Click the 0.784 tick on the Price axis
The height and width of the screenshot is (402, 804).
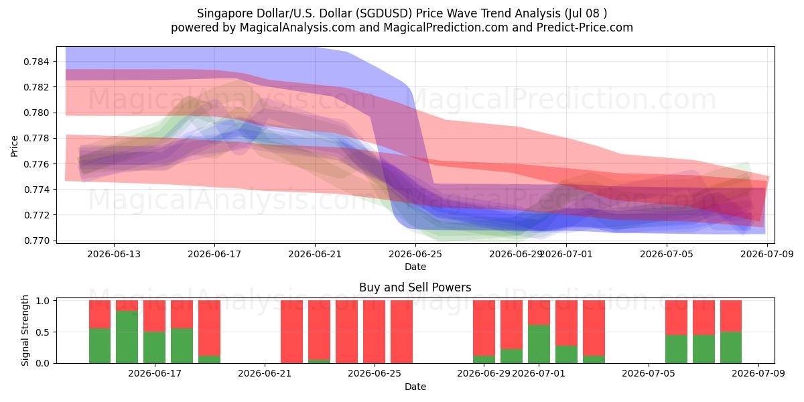tap(36, 62)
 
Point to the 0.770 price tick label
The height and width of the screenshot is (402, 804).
tap(36, 241)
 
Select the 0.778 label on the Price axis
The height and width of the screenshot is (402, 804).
tap(36, 139)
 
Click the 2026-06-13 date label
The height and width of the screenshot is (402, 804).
tap(114, 254)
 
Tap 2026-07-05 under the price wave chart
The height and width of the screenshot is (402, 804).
tap(667, 254)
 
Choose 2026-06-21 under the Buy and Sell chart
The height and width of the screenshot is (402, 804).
tap(265, 374)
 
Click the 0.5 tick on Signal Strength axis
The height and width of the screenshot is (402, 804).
tap(43, 332)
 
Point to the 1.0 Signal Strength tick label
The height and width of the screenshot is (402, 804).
tap(43, 301)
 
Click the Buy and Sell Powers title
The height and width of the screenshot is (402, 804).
tap(415, 287)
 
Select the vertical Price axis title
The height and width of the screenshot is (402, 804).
tap(14, 146)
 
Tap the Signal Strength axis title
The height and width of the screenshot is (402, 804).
tap(25, 330)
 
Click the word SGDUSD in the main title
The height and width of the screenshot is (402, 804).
tap(386, 13)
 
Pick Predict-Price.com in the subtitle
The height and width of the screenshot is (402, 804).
tap(585, 27)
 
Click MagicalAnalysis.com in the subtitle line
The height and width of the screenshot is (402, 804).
tap(297, 27)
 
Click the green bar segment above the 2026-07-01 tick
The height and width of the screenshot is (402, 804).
tap(539, 344)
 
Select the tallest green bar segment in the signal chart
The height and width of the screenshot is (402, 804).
tap(127, 337)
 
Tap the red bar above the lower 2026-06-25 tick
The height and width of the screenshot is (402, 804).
tap(374, 332)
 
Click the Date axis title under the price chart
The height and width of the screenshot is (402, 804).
tap(415, 267)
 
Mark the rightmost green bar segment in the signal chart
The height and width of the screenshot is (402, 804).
tap(731, 348)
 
